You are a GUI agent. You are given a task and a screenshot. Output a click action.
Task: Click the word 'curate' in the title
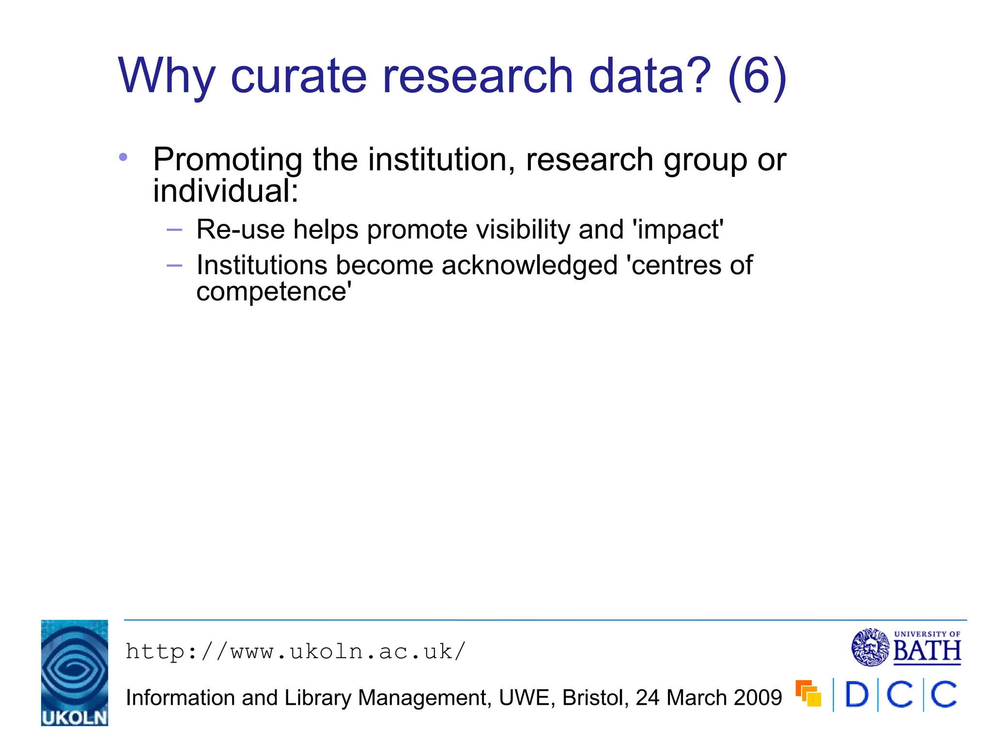point(298,76)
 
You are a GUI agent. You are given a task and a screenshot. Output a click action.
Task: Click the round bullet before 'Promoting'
point(123,157)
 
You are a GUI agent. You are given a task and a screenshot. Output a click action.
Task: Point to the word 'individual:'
point(226,191)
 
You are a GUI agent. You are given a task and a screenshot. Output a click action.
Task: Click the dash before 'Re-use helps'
point(174,230)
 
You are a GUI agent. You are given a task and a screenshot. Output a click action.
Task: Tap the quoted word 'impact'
point(678,231)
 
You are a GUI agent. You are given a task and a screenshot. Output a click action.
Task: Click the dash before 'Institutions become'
point(174,265)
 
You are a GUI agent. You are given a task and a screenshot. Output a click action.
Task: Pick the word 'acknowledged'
point(529,265)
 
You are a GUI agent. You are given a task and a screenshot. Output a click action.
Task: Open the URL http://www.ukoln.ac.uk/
point(295,651)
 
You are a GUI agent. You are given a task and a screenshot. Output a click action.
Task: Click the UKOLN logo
point(75,673)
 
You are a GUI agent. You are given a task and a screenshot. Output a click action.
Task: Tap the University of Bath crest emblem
point(870,647)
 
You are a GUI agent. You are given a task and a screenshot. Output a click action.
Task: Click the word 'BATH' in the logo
point(927,651)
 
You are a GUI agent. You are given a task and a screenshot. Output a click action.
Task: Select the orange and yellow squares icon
point(808,694)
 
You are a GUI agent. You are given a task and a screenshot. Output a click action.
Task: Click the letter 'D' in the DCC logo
point(856,695)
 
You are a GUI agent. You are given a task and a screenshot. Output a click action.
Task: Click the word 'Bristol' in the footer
point(595,698)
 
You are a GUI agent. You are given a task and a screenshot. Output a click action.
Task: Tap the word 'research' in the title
point(478,76)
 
